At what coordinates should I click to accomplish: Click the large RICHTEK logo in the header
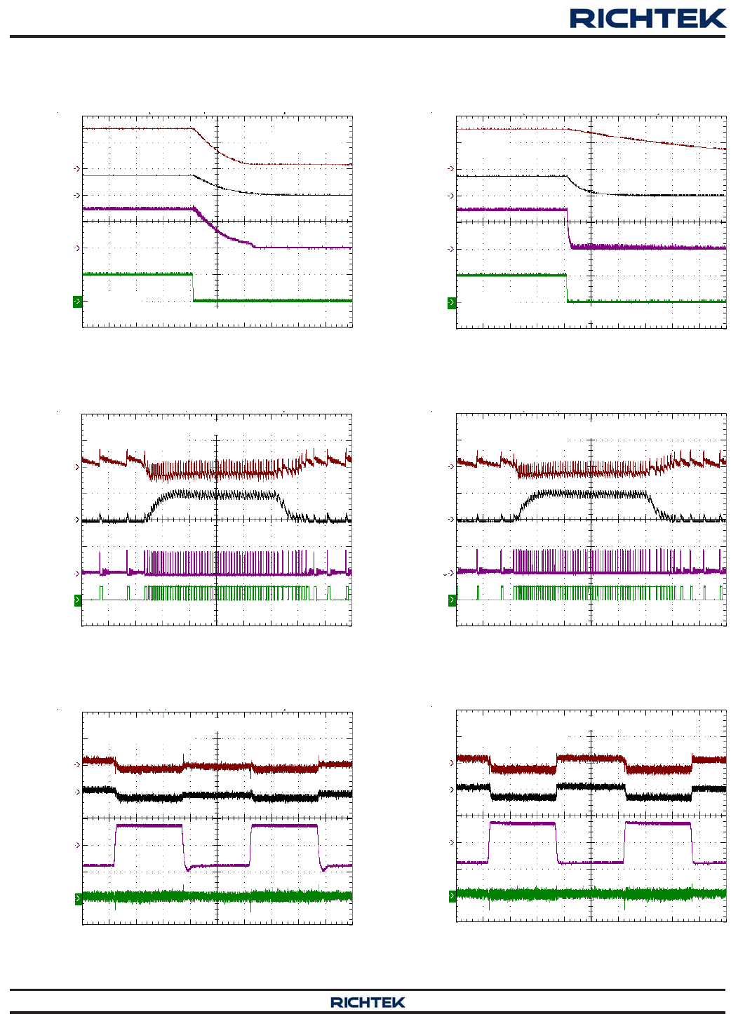coord(648,18)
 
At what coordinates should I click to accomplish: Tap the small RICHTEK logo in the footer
coord(368,1002)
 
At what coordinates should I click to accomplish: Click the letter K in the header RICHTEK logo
coord(715,18)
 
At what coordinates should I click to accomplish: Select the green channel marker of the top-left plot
coord(77,302)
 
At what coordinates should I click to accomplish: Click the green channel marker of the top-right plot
coord(452,303)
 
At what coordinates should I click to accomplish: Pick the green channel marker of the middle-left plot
coord(78,600)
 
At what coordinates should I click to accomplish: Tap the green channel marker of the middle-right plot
coord(452,600)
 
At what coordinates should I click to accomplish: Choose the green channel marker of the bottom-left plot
coord(78,899)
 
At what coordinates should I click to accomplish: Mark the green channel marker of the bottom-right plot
coord(452,896)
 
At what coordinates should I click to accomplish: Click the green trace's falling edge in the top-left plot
coord(193,288)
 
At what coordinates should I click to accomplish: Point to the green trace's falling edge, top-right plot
coord(567,288)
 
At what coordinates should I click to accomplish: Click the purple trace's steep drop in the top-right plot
coord(568,228)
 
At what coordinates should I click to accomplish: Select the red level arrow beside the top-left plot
coord(76,169)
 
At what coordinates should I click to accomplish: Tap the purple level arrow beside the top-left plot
coord(76,248)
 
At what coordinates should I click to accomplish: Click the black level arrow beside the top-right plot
coord(450,196)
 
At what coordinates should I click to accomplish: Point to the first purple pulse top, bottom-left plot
coord(149,825)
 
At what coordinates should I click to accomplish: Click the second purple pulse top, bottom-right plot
coord(658,823)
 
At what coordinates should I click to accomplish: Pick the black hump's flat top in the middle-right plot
coord(591,494)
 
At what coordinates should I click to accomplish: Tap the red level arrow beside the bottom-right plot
coord(450,763)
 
